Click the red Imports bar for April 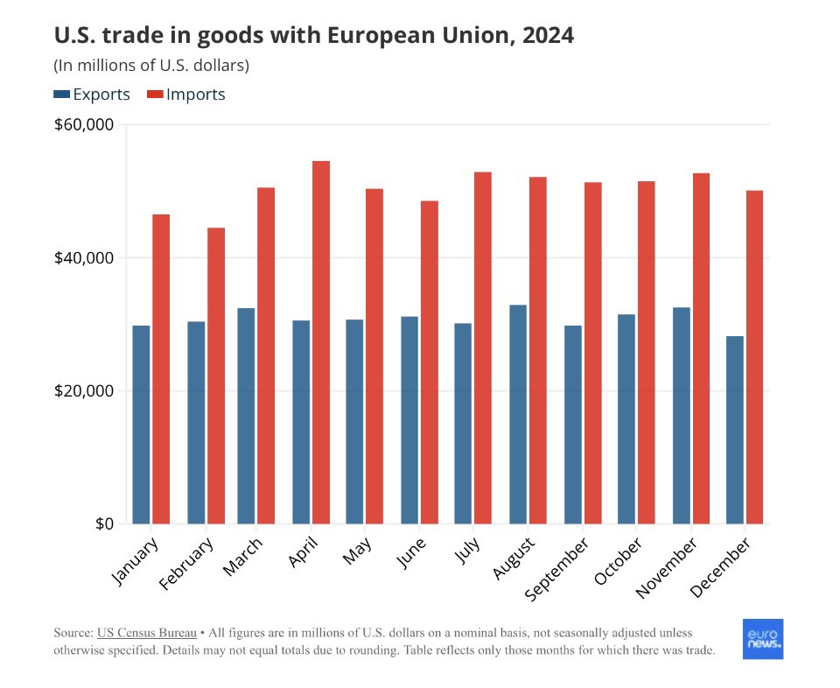pos(321,342)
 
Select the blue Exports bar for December pos(734,430)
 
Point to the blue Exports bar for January pos(141,425)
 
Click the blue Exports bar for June pos(409,420)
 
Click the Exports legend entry pos(92,95)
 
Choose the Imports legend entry pos(185,95)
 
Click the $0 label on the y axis pos(103,523)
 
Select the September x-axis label pos(556,569)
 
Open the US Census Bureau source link pos(145,632)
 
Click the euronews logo pos(762,639)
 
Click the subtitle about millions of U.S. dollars pos(151,65)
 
